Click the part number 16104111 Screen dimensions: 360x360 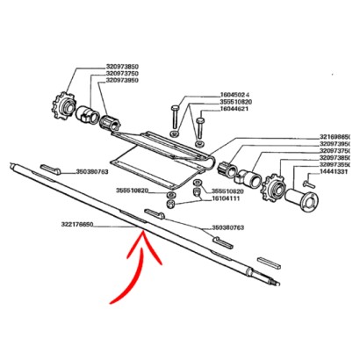coord(225,199)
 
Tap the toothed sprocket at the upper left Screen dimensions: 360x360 coord(65,112)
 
